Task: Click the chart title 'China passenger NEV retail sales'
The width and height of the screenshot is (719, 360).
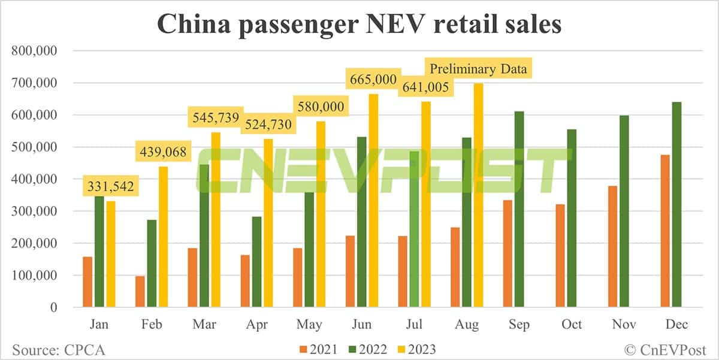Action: pyautogui.click(x=359, y=25)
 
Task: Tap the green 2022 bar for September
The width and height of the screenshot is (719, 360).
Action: pyautogui.click(x=519, y=210)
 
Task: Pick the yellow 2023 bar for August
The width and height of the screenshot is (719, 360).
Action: pyautogui.click(x=478, y=195)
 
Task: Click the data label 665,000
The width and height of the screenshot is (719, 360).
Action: pyautogui.click(x=372, y=79)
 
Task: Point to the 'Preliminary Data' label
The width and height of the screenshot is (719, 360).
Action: pyautogui.click(x=477, y=69)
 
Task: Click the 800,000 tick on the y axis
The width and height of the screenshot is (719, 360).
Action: pyautogui.click(x=34, y=51)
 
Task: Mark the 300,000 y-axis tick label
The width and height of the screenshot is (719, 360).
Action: pyautogui.click(x=34, y=211)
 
